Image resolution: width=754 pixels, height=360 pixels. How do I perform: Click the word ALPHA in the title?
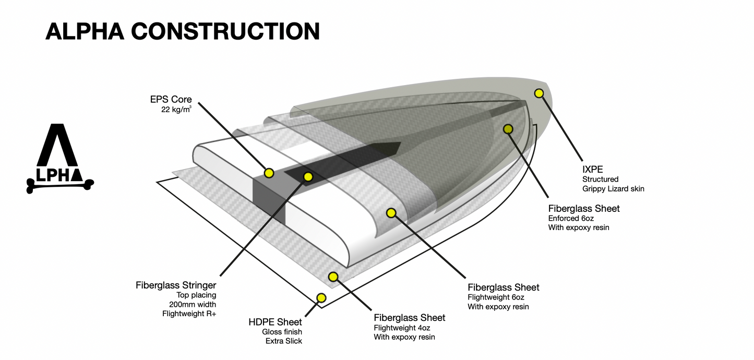click(84, 32)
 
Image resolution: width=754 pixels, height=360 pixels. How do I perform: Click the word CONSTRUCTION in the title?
click(225, 32)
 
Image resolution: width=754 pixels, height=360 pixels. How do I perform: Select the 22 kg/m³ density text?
click(176, 110)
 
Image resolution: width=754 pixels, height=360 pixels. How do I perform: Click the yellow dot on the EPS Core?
click(269, 173)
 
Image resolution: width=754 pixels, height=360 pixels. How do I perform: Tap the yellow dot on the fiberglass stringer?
click(308, 177)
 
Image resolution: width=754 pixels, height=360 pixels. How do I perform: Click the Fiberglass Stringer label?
click(176, 285)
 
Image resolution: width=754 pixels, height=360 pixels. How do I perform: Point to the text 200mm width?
click(192, 304)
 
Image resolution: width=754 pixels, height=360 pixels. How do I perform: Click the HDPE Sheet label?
click(275, 322)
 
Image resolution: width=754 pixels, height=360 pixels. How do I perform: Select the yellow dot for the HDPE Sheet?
click(321, 298)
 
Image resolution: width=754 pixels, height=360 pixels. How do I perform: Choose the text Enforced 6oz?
click(570, 218)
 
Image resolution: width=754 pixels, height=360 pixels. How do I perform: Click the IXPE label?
click(592, 169)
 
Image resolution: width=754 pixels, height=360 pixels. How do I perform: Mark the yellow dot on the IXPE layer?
click(539, 93)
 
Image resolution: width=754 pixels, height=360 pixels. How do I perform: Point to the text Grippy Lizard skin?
click(613, 189)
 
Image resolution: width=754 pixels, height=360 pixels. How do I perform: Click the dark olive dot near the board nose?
click(508, 129)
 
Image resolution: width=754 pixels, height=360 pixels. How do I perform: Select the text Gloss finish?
click(282, 332)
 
